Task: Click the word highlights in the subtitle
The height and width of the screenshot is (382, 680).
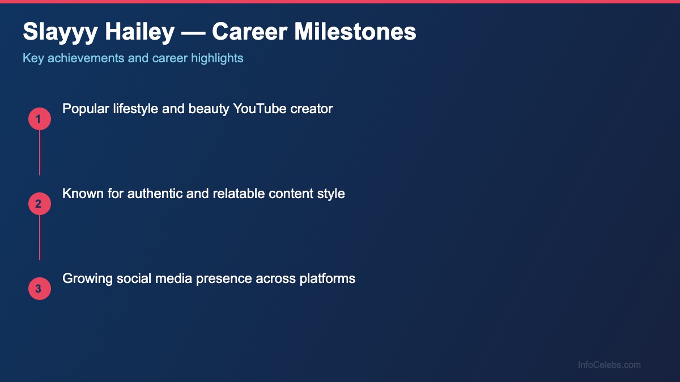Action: click(217, 58)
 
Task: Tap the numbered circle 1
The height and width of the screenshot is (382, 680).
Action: click(39, 119)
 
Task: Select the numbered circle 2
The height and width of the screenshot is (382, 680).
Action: click(39, 204)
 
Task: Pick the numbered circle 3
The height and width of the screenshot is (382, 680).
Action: click(39, 289)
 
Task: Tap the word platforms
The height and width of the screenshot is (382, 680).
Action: click(330, 278)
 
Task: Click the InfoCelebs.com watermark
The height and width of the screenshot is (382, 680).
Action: click(609, 365)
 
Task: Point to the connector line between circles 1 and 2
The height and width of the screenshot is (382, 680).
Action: click(40, 153)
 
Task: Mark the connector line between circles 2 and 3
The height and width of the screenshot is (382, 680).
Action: click(40, 238)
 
